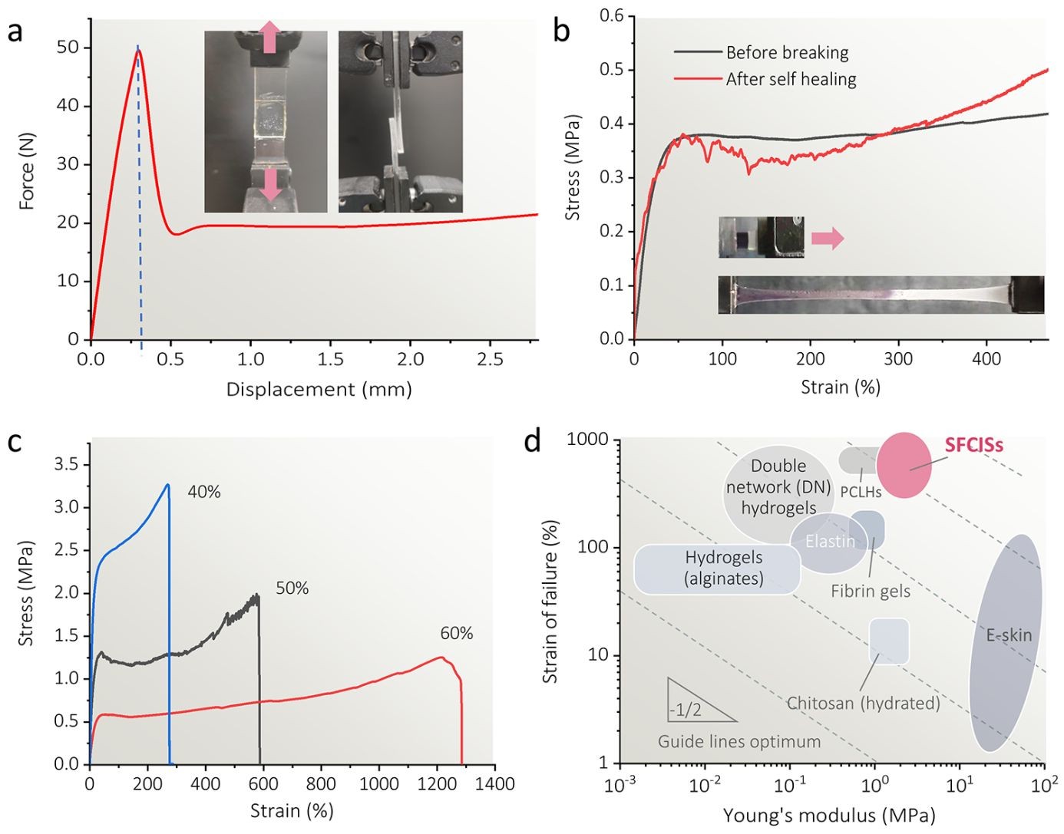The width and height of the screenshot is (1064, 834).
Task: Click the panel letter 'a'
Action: point(16,35)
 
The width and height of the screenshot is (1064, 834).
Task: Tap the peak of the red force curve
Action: point(139,51)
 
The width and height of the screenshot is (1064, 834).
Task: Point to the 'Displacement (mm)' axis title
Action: point(319,389)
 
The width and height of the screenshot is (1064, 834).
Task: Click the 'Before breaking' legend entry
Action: point(787,53)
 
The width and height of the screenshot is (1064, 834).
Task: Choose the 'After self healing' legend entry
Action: point(791,79)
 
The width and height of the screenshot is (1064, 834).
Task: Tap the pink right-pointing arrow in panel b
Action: point(828,239)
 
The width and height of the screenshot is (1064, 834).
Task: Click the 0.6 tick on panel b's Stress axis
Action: point(611,16)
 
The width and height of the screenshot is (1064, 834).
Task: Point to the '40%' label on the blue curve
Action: point(204,493)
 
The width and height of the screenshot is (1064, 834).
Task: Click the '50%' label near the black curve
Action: point(292,588)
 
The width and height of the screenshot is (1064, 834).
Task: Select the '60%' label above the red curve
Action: point(456,634)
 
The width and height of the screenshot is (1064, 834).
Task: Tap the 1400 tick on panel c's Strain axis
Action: point(494,784)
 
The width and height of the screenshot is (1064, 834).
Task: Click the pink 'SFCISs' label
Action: point(973,445)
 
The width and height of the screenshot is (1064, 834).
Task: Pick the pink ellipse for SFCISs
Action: point(904,465)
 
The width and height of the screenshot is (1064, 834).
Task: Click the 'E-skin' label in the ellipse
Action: point(1009,635)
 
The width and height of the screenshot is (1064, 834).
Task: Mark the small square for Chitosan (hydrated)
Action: point(889,641)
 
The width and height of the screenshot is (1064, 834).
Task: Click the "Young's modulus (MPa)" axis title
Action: point(829,816)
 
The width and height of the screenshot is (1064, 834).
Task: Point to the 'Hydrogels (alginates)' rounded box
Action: point(717,569)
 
